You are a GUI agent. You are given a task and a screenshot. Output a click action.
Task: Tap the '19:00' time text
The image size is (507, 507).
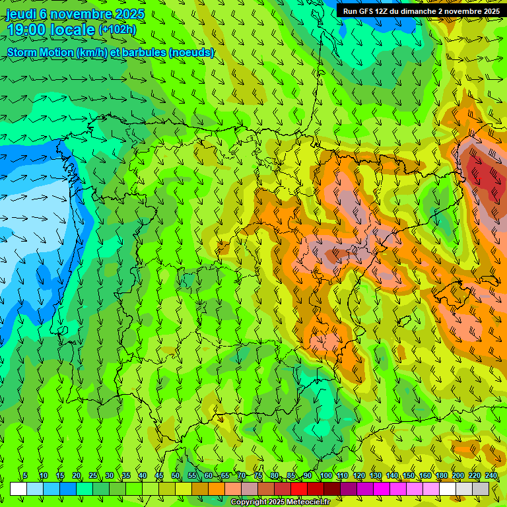click(24, 30)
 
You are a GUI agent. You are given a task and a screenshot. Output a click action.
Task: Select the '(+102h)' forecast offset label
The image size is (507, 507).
click(118, 30)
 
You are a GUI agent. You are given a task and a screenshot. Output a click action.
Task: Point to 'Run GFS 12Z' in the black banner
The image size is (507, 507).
click(365, 11)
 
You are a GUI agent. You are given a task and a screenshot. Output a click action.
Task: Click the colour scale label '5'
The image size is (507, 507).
click(25, 476)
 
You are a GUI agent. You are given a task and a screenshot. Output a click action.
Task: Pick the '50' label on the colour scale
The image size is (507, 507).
click(176, 476)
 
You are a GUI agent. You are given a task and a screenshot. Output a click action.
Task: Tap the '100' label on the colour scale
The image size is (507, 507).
click(325, 476)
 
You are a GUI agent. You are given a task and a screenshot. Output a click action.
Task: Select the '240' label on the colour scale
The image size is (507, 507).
click(491, 476)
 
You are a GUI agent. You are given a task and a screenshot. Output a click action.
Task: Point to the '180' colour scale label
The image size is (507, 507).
click(441, 476)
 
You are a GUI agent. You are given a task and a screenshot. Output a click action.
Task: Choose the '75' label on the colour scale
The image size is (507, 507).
click(258, 476)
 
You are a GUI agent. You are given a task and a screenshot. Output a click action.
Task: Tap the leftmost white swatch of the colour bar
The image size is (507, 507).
click(18, 489)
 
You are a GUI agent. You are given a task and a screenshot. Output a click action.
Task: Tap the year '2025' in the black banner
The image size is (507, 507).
click(489, 11)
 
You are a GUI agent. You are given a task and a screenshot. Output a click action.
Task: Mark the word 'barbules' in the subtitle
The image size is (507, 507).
click(146, 52)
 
